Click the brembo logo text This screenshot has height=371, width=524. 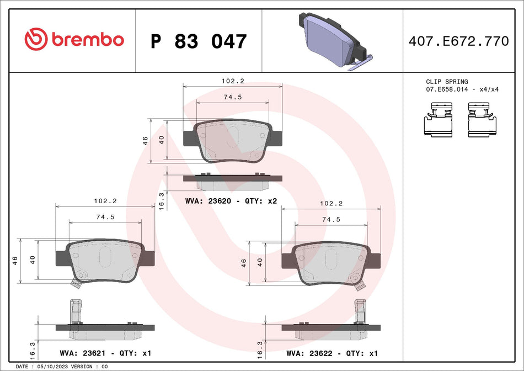pyautogui.click(x=87, y=40)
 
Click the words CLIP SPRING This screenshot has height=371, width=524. pyautogui.click(x=447, y=82)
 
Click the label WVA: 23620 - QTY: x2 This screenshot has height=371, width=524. pyautogui.click(x=231, y=202)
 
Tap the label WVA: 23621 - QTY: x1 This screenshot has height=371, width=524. pyautogui.click(x=105, y=352)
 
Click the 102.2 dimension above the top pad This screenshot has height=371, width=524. pyautogui.click(x=232, y=81)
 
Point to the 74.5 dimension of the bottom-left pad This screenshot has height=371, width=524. pyautogui.click(x=105, y=217)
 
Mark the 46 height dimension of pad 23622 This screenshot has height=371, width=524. pyautogui.click(x=243, y=263)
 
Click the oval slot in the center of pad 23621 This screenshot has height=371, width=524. pyautogui.click(x=105, y=257)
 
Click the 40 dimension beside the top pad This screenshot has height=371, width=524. pyautogui.click(x=162, y=140)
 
